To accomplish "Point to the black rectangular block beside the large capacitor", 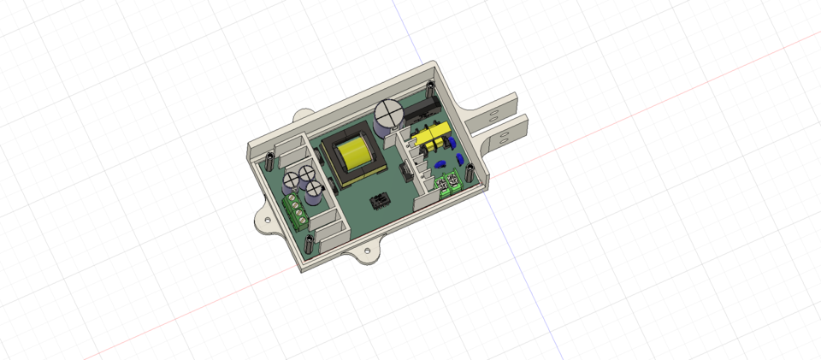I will (423, 110).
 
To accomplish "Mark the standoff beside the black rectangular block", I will (428, 90).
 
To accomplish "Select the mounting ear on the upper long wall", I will (304, 115).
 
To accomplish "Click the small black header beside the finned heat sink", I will (402, 175).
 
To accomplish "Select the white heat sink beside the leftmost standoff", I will (292, 153).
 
